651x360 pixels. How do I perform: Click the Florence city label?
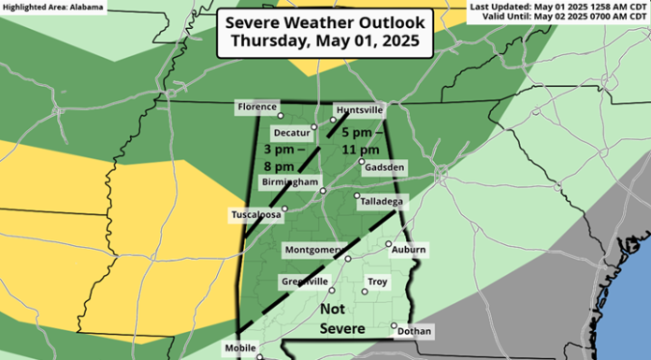pos(257,108)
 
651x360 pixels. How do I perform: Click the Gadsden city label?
pos(384,167)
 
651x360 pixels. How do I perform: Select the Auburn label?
pos(409,250)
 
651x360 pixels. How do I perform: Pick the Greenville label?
pos(304,281)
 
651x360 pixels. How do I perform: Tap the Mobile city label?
pos(240,349)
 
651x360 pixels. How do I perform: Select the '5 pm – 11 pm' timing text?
pos(359,140)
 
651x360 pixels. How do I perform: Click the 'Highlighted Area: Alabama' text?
pos(47,7)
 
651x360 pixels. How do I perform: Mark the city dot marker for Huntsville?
pos(332,120)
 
